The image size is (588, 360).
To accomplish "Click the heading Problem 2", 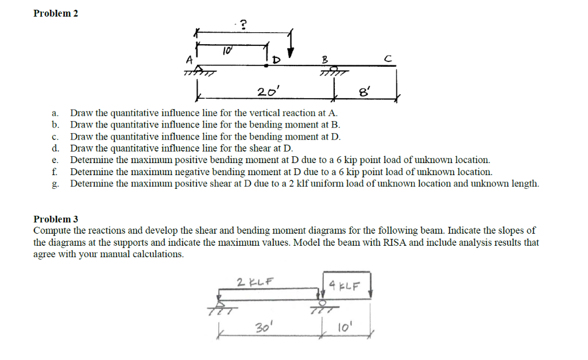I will coord(56,13).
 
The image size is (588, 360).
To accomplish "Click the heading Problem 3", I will coord(56,219).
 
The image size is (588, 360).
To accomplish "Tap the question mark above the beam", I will coord(243,24).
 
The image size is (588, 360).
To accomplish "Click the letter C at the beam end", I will coord(389,58).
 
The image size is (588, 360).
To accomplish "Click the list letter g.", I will coord(55,184).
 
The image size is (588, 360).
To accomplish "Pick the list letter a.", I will coord(55,113).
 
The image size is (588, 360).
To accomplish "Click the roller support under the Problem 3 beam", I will coord(323,305).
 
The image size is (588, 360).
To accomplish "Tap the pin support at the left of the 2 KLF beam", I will coord(218,306).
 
